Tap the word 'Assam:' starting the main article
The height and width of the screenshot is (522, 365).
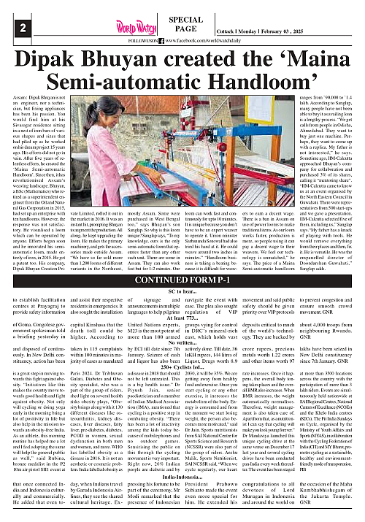[x=20, y=96]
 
